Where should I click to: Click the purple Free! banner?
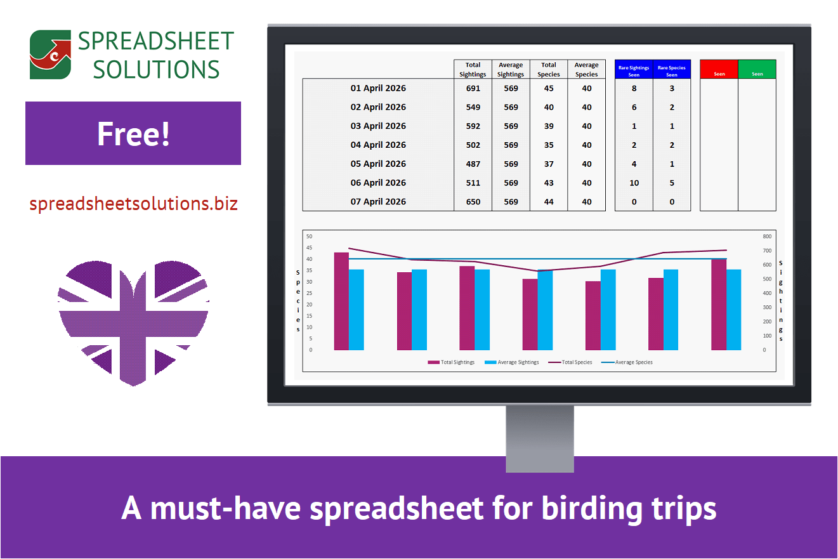click(x=133, y=133)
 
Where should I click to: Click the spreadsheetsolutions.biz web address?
click(x=133, y=204)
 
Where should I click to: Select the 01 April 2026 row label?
click(x=378, y=88)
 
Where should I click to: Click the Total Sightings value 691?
click(x=473, y=88)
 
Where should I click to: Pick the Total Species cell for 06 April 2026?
click(x=549, y=183)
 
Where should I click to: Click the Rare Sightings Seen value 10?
click(x=634, y=183)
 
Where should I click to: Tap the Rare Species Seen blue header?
click(x=671, y=70)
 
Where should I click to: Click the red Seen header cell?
click(x=719, y=70)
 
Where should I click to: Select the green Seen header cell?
click(x=757, y=70)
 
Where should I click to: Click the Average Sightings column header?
click(x=511, y=69)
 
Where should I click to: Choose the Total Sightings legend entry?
click(x=451, y=362)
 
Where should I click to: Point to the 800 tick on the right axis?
click(x=767, y=236)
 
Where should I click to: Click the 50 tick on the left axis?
click(x=310, y=236)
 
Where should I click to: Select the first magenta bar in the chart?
click(x=341, y=301)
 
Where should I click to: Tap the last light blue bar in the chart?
click(x=733, y=310)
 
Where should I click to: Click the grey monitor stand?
click(x=539, y=438)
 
